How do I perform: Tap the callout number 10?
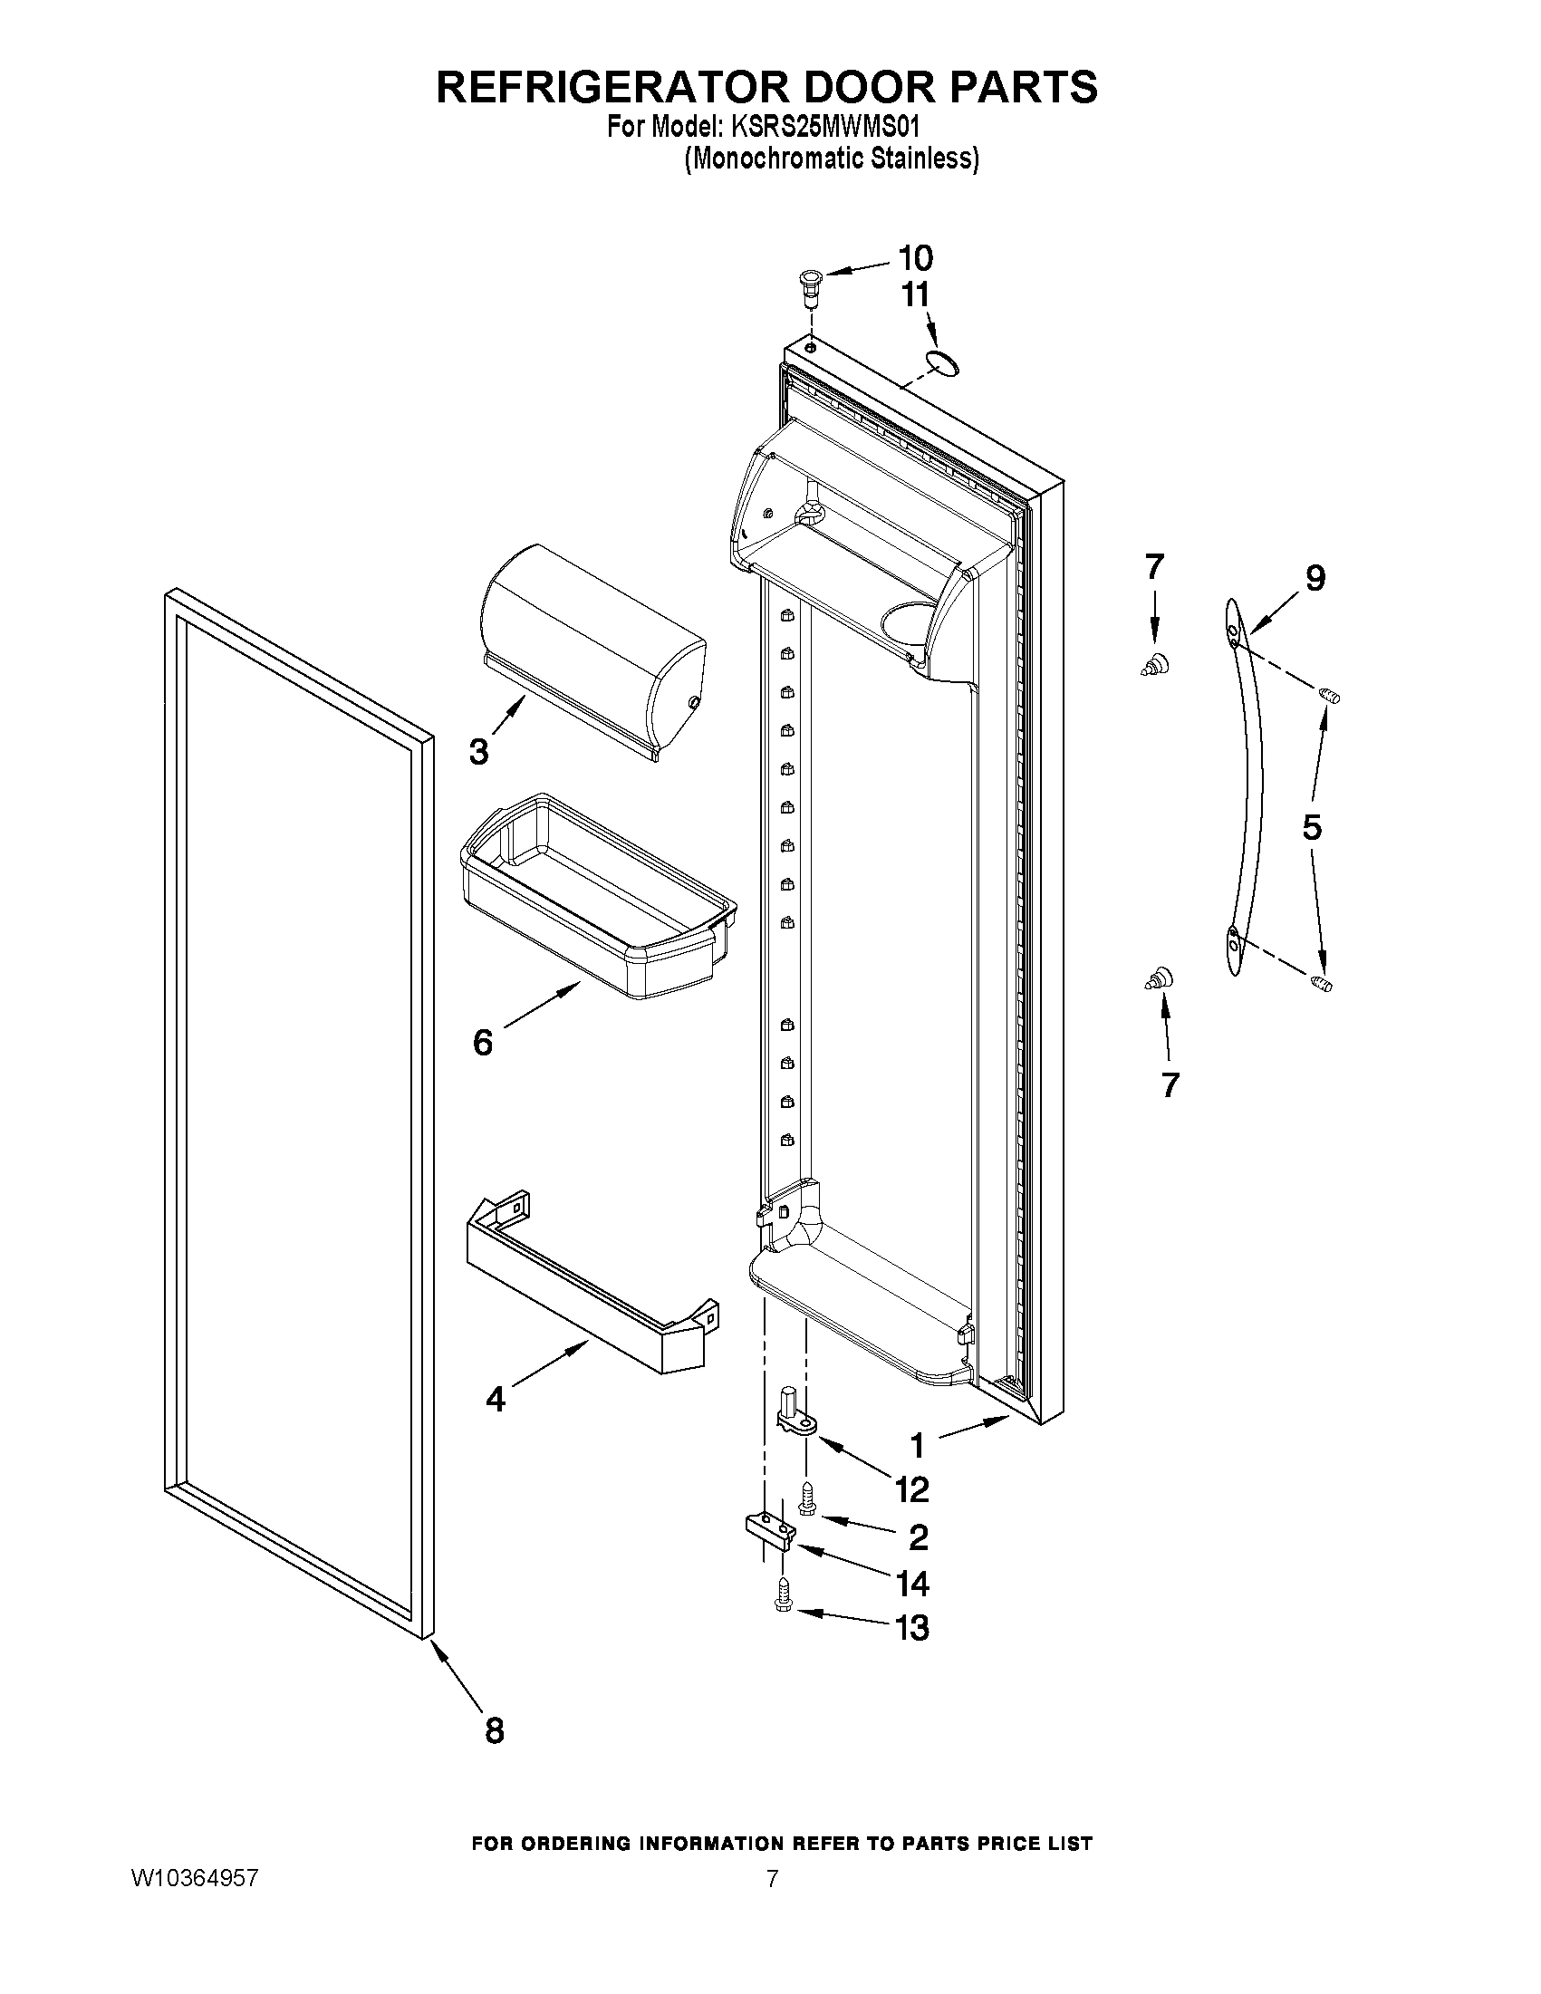click(x=916, y=259)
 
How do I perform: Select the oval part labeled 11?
click(x=940, y=363)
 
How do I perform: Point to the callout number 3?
click(x=478, y=751)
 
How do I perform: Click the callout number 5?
click(x=1312, y=827)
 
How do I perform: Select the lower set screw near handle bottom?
click(x=1321, y=983)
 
